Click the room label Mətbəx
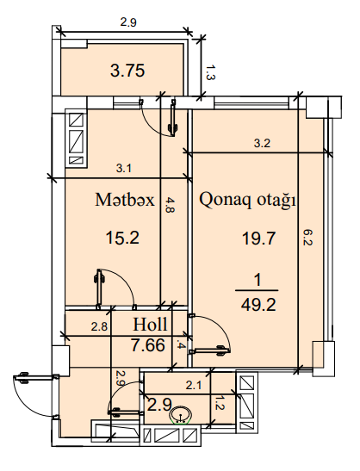click(125, 200)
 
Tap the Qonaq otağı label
click(247, 200)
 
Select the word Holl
click(150, 324)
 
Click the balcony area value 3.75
click(127, 71)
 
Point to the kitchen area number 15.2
click(122, 238)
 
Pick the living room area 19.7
click(258, 239)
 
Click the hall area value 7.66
click(148, 344)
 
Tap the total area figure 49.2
click(258, 305)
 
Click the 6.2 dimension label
click(307, 238)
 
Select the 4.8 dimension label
click(170, 205)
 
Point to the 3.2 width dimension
click(262, 143)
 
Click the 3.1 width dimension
click(124, 168)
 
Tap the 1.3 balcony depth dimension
click(210, 72)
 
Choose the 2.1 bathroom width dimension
click(193, 385)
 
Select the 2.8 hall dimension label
click(99, 326)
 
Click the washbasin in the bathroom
click(180, 414)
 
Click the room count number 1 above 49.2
click(258, 281)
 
